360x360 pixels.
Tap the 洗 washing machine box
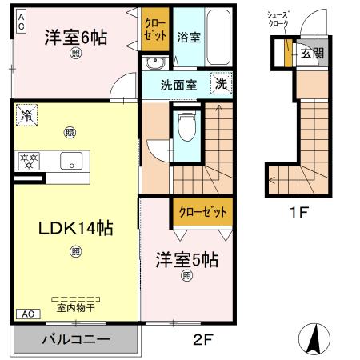pos(221,82)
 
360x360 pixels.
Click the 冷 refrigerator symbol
pos(26,114)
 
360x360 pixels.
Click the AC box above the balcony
pos(26,314)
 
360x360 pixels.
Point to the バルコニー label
pos(75,340)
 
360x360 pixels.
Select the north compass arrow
pos(317,337)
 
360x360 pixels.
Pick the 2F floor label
pos(202,339)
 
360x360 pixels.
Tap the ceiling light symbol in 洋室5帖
pos(186,277)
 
